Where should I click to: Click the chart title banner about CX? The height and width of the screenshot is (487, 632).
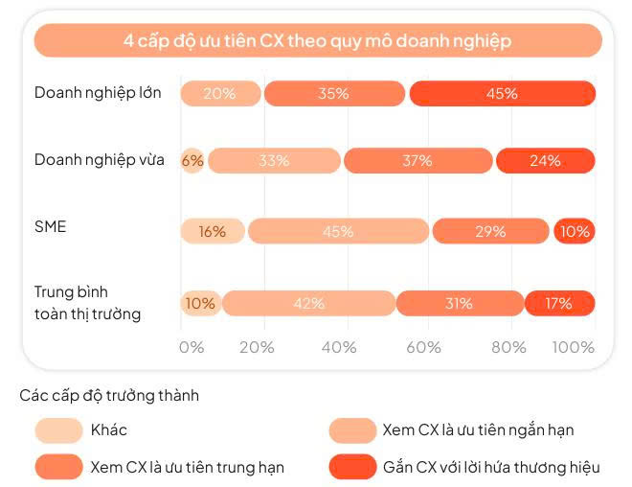317,41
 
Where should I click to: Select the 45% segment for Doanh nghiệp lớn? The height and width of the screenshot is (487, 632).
502,93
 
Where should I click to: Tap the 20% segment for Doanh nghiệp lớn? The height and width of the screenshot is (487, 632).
220,93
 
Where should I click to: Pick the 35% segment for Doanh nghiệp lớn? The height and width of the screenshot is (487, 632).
334,93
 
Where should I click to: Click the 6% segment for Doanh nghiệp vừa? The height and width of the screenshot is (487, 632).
192,161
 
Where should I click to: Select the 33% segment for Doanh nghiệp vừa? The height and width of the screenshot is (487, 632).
274,161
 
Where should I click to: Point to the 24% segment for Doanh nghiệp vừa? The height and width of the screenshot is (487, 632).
545,161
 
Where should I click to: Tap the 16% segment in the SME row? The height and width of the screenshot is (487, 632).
213,231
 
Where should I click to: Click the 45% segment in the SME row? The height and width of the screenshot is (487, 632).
338,231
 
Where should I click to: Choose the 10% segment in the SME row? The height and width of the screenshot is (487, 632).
575,231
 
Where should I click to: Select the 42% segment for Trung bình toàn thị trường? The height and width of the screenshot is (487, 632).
308,303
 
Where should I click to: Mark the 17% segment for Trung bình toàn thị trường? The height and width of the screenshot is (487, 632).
559,303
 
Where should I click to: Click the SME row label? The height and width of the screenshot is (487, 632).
51,226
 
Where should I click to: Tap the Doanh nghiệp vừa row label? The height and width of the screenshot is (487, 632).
99,159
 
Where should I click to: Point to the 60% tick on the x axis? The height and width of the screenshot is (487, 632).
423,347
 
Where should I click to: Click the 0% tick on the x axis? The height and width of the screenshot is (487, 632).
192,347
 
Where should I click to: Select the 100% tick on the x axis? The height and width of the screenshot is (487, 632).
575,347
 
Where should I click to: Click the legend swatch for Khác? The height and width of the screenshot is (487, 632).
58,430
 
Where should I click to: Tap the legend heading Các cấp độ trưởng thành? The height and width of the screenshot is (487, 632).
109,394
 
